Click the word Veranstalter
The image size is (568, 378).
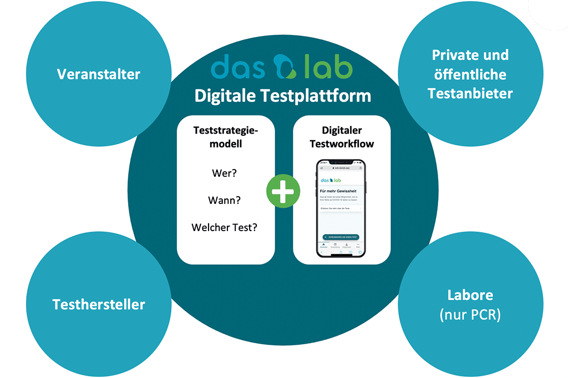pos(99,74)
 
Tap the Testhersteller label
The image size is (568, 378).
pos(99,304)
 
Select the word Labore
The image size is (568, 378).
pos(470,295)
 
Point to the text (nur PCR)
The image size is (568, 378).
pos(470,315)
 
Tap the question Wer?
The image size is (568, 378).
pos(225,173)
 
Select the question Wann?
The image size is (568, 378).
pos(225,200)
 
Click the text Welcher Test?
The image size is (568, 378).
pos(225,227)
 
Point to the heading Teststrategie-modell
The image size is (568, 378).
pos(225,136)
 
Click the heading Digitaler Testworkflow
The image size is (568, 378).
pos(341,136)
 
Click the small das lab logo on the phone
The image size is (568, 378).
pos(331,180)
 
